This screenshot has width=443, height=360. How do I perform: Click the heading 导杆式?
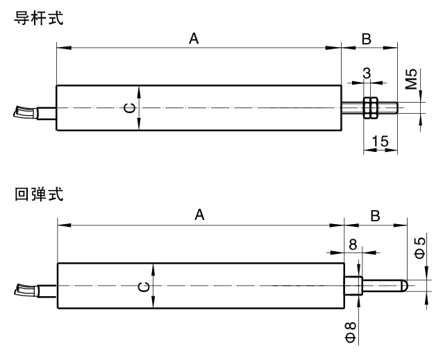click(37, 18)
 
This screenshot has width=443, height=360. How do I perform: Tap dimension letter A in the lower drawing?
click(199, 216)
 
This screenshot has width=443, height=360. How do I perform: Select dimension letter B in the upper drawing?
click(366, 40)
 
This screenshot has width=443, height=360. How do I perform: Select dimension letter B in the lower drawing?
click(375, 216)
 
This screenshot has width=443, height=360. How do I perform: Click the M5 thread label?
click(412, 80)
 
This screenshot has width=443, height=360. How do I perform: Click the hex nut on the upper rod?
click(370, 108)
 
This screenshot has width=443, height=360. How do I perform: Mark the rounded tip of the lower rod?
click(403, 285)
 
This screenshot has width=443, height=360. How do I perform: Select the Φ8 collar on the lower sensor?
click(353, 286)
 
